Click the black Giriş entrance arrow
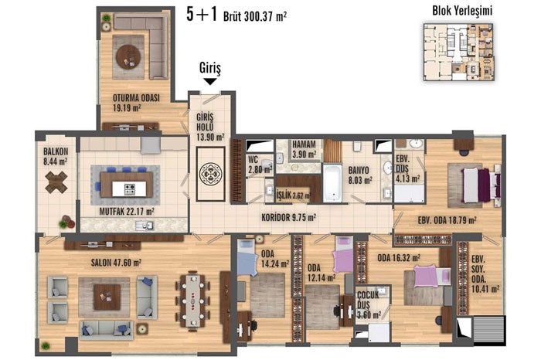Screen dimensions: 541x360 210,81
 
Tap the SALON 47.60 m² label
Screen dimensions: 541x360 116,263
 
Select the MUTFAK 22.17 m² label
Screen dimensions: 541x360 127,212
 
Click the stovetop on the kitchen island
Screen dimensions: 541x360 130,189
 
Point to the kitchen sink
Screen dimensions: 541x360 145,226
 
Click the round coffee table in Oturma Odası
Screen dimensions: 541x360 128,57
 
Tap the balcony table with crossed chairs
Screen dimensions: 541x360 56,182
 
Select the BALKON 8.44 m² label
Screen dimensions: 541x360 55,156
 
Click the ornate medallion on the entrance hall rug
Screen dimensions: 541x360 210,175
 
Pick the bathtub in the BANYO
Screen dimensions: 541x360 332,183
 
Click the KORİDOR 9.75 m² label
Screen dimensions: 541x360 288,218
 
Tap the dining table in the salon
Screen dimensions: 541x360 193,301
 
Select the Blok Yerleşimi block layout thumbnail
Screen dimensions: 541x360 458,53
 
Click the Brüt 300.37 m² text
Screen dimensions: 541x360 255,16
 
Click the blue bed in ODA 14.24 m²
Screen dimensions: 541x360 247,257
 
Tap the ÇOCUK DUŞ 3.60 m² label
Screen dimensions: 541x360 369,305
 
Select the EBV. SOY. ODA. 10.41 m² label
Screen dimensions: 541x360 485,274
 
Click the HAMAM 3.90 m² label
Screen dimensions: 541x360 304,149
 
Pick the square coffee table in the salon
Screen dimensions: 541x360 107,297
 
